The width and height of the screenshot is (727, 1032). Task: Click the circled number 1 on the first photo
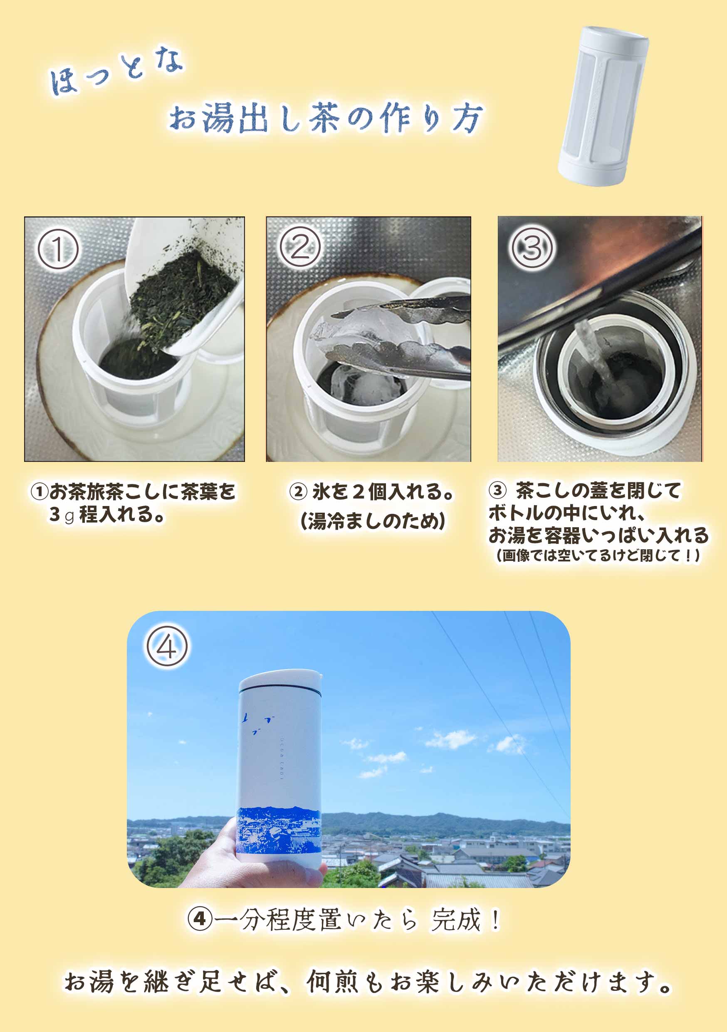point(58,249)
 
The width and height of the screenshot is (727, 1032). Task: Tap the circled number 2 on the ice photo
point(300,247)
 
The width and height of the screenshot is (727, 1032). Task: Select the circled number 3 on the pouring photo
point(532,248)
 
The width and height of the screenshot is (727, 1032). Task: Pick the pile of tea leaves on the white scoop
point(180,297)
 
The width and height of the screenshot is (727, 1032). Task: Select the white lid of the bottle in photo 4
point(280,680)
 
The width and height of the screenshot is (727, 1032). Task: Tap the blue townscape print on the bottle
point(279,831)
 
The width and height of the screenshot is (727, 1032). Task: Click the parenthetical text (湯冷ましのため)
point(373,521)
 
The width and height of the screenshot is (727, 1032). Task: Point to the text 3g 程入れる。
point(107,515)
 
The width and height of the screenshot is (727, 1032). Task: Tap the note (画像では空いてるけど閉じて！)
point(598,556)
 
